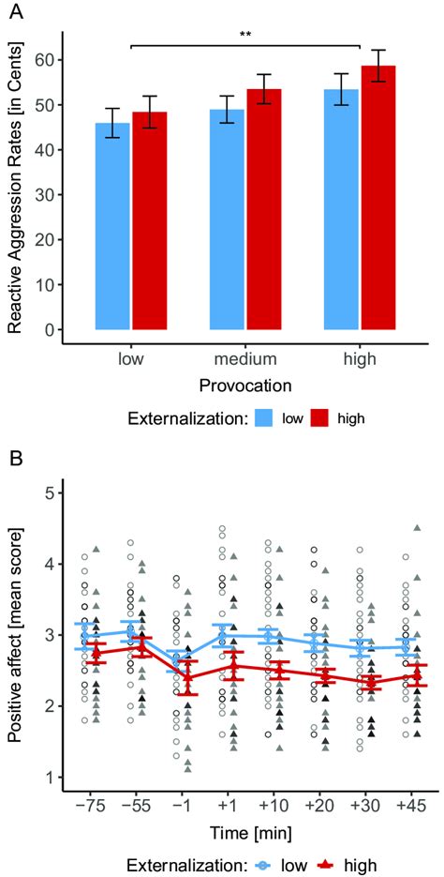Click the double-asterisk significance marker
click(245, 35)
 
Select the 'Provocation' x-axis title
click(245, 386)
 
